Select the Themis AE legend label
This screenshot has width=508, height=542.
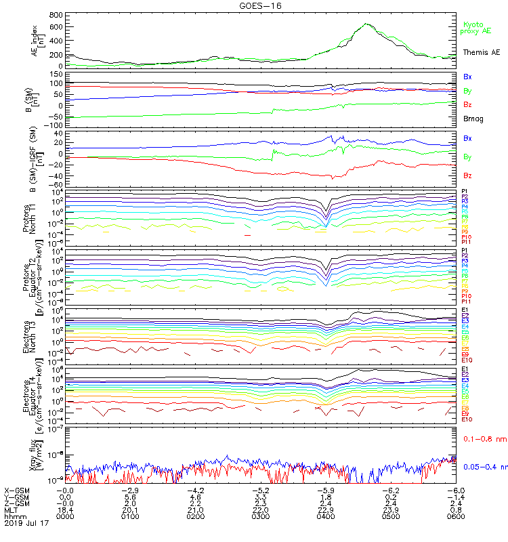480,51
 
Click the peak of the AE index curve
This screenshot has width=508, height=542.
366,24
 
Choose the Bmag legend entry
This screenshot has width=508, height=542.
472,119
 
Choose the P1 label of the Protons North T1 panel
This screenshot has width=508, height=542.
465,191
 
